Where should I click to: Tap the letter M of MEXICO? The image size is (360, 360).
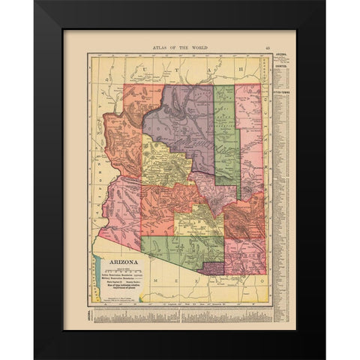pos(153,278)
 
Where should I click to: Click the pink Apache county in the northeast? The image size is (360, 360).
pos(249,135)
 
